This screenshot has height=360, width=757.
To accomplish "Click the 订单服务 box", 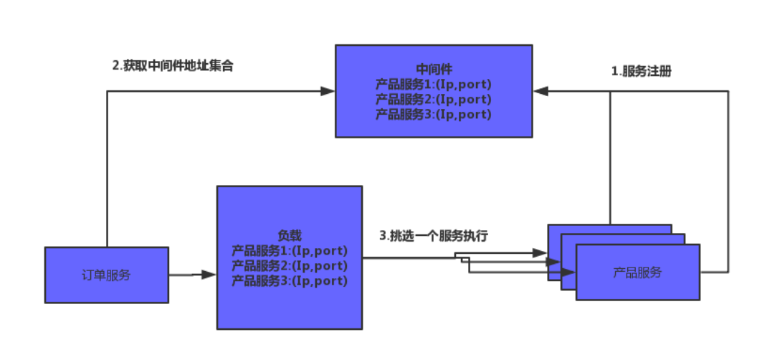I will click(x=106, y=275).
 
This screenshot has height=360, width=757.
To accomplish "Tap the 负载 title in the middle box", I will click(x=290, y=236).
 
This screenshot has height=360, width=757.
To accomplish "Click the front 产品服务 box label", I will click(x=637, y=273).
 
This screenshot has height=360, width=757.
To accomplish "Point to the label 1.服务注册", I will click(x=641, y=72).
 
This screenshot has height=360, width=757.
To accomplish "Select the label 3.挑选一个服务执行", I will click(x=434, y=236).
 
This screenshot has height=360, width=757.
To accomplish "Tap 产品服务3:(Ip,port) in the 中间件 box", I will click(x=434, y=114).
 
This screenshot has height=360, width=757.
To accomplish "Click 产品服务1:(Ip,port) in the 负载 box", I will click(x=290, y=251).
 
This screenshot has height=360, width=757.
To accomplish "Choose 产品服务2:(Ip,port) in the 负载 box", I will click(x=290, y=266).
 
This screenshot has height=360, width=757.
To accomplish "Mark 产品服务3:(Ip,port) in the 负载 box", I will click(x=290, y=281).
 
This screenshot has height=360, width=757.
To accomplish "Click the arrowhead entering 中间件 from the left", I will click(x=328, y=91).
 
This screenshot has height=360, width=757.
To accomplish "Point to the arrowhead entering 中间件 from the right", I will click(x=541, y=91).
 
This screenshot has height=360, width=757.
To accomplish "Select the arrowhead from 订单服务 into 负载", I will click(x=209, y=275).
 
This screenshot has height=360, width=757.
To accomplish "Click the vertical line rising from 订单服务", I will click(x=107, y=172).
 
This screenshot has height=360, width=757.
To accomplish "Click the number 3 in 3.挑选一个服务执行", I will click(x=382, y=236).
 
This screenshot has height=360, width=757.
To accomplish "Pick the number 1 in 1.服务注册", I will click(x=614, y=72).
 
